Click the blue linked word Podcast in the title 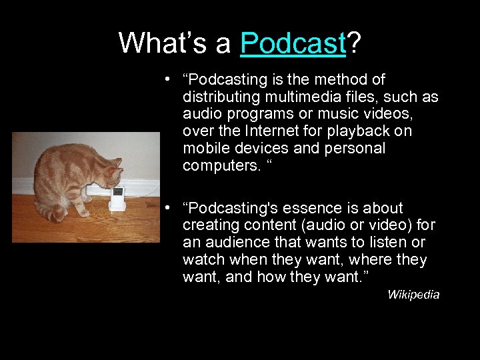click(293, 43)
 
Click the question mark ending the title click(355, 43)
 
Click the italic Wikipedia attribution click(413, 295)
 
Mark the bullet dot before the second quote click(171, 209)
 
